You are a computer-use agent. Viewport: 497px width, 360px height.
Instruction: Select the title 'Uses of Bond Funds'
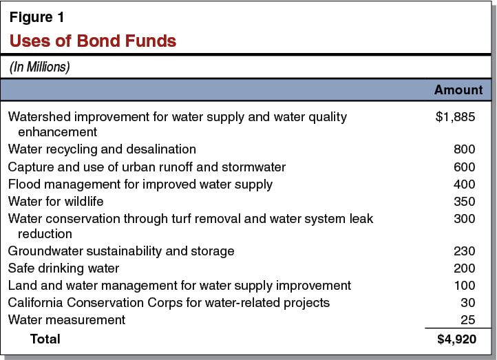pyautogui.click(x=93, y=41)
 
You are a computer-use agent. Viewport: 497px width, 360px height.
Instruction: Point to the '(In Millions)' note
pyautogui.click(x=39, y=67)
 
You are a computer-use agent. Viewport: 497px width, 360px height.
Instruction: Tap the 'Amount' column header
pyautogui.click(x=458, y=90)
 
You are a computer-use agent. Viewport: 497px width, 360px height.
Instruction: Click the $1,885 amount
pyautogui.click(x=456, y=117)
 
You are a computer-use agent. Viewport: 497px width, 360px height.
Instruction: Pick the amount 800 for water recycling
pyautogui.click(x=464, y=149)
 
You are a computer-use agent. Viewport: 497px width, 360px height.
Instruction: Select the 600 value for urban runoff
pyautogui.click(x=464, y=167)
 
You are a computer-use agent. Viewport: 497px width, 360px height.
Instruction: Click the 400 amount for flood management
pyautogui.click(x=464, y=184)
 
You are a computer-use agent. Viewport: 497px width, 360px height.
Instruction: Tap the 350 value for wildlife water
pyautogui.click(x=464, y=201)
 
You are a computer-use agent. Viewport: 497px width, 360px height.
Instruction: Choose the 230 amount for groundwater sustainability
pyautogui.click(x=464, y=251)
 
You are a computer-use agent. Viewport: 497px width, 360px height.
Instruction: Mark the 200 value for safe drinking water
pyautogui.click(x=464, y=268)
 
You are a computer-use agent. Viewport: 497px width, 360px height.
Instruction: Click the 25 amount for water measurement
pyautogui.click(x=468, y=319)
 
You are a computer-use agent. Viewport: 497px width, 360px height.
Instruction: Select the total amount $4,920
pyautogui.click(x=456, y=339)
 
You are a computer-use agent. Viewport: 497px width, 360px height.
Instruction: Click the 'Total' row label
pyautogui.click(x=45, y=339)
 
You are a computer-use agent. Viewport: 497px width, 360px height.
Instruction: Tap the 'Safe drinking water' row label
pyautogui.click(x=63, y=268)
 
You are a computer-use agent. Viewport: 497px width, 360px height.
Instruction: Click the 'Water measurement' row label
pyautogui.click(x=67, y=319)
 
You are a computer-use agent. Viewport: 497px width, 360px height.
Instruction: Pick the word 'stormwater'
pyautogui.click(x=254, y=167)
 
